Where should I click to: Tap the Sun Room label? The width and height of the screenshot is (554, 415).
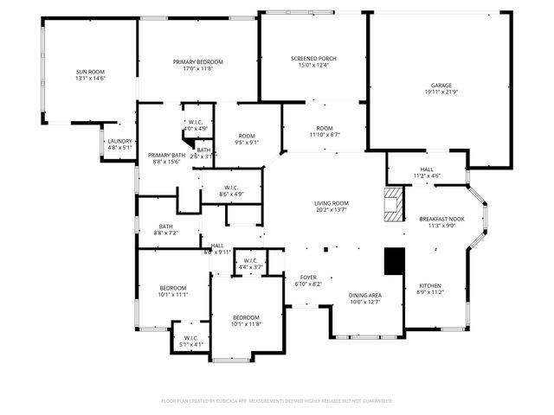point(90,72)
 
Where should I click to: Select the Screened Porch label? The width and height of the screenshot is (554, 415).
point(313,59)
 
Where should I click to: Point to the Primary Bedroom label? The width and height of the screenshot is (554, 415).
point(197,61)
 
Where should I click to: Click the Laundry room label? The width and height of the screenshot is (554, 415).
point(119,141)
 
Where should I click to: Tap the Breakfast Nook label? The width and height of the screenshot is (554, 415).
point(442,219)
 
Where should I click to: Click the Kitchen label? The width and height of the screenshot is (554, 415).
point(431,286)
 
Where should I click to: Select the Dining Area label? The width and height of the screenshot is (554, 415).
point(365,295)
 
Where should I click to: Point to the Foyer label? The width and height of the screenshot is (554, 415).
point(308,277)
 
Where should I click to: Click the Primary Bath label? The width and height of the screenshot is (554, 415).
point(164,155)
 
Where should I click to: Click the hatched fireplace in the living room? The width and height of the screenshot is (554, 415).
point(395,206)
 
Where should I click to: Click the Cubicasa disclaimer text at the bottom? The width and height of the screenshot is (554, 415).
point(277,401)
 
